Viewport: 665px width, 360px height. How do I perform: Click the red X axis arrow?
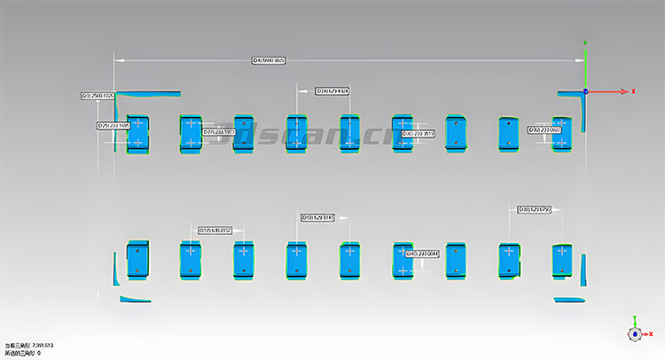pos(624,91)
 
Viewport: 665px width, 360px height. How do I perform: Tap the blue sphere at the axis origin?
pos(585,90)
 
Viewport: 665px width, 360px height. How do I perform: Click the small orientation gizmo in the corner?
pos(635,333)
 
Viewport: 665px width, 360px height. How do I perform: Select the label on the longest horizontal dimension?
pos(270,60)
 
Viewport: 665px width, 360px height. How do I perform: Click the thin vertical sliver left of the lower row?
pos(115,269)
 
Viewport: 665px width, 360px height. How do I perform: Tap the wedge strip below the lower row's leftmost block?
pos(135,299)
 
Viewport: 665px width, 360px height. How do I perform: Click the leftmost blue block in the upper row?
pos(138,133)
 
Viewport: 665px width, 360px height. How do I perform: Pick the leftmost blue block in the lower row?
pos(137,260)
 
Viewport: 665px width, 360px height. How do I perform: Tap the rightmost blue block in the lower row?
pos(562,261)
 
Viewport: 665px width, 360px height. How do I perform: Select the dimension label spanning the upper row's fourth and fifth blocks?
pos(332,90)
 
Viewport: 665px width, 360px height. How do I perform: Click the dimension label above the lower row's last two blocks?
pos(535,209)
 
